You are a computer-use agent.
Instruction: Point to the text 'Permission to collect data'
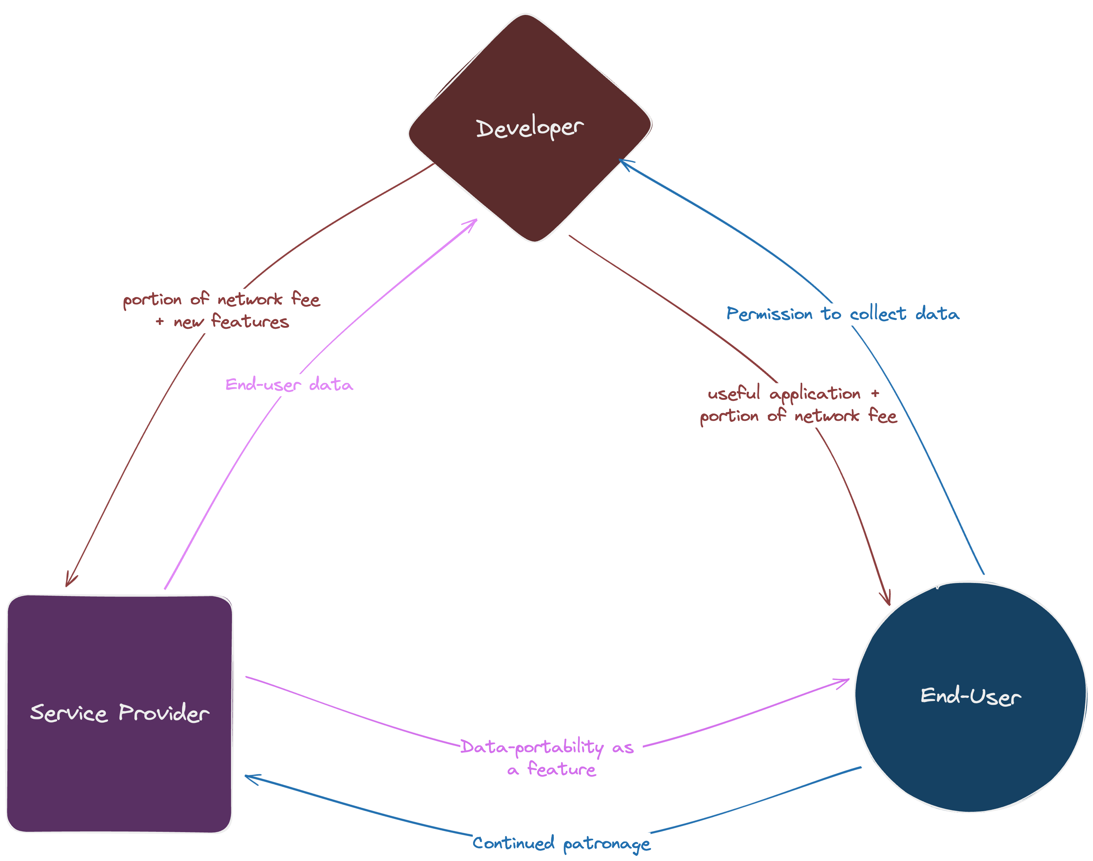coord(843,314)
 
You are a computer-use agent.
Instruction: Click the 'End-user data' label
coord(289,385)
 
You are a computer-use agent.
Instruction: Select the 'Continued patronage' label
coord(561,843)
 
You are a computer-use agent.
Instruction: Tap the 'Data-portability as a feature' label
coord(547,758)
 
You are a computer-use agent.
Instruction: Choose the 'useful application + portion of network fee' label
coord(798,405)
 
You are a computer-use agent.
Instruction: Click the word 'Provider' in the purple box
coord(164,713)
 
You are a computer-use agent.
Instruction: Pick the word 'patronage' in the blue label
coord(607,844)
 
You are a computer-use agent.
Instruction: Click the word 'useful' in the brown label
coord(734,393)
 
